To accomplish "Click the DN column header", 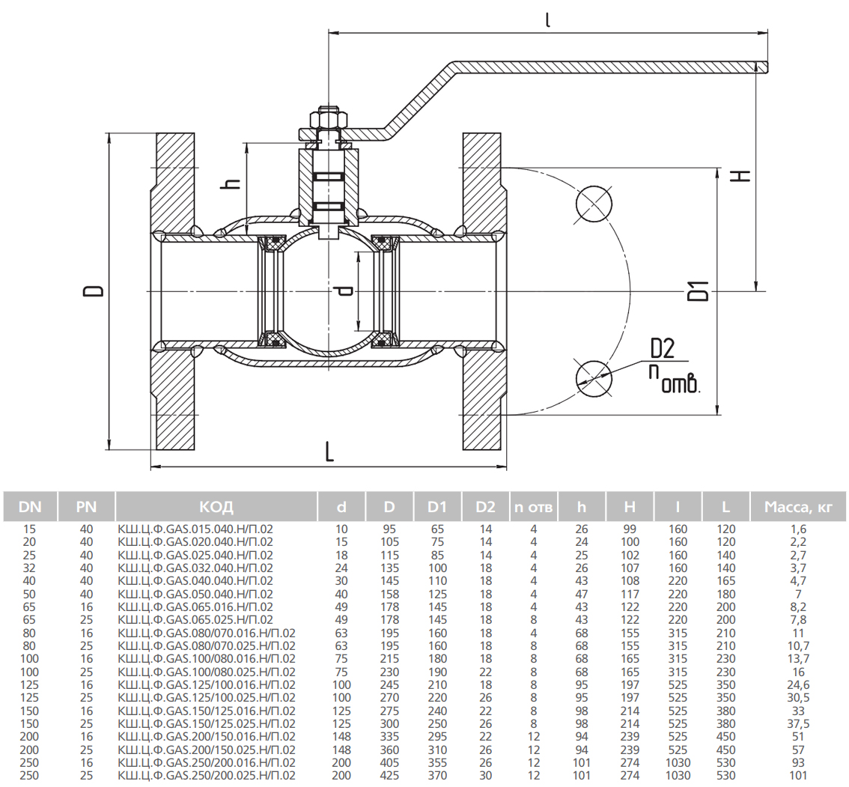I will click(30, 507).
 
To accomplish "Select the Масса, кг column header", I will click(798, 507).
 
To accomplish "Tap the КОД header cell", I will click(216, 507).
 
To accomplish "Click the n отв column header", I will click(533, 507).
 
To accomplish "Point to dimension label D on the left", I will click(94, 291).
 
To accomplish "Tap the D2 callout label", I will click(663, 348).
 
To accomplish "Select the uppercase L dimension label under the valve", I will click(329, 452).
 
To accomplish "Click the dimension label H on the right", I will click(740, 175).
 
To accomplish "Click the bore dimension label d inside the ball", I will click(344, 290).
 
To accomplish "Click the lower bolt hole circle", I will click(594, 377).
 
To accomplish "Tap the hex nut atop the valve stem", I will click(327, 120).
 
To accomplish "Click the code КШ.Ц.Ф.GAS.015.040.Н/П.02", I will click(195, 529).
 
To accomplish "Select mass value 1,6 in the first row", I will click(797, 529).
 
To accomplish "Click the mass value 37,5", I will click(797, 723).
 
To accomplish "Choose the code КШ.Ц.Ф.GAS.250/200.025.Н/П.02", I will click(207, 776).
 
